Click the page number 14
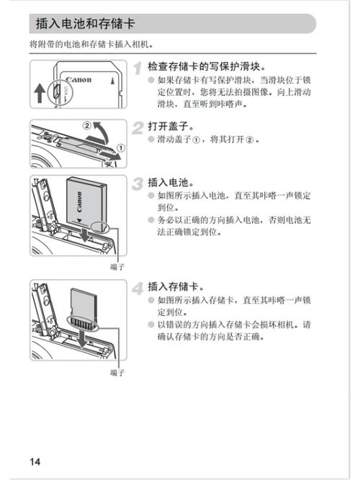pos(35,461)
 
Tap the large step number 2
pos(139,127)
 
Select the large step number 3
pos(139,184)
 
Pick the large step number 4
pos(139,288)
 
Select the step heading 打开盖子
pos(171,126)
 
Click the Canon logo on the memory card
pos(79,79)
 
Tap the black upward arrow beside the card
pos(40,92)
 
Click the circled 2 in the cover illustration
pos(88,124)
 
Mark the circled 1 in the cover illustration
pos(120,148)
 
